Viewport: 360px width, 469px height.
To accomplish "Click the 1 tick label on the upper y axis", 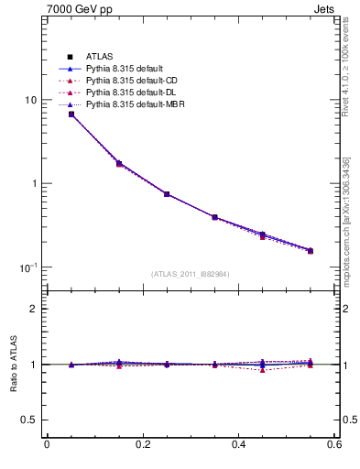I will click(34, 183).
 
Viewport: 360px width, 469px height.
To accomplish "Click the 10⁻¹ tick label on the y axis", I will click(29, 267).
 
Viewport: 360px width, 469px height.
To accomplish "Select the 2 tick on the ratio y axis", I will click(34, 309).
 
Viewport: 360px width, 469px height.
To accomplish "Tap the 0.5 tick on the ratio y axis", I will click(29, 420).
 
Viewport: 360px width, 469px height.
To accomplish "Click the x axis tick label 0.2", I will click(142, 445).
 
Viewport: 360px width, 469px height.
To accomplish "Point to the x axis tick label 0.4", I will click(238, 445).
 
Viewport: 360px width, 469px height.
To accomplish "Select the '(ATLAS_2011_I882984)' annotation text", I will click(191, 274).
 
